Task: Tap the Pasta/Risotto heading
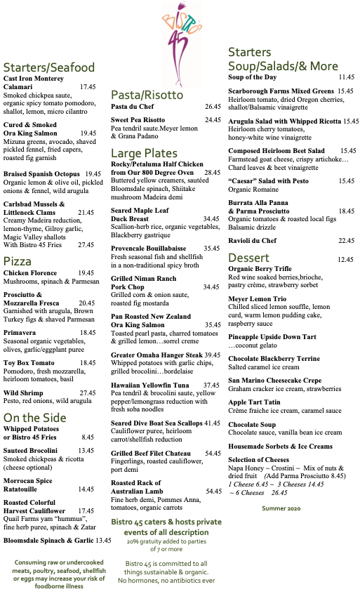point(147,95)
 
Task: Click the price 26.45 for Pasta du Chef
point(213,106)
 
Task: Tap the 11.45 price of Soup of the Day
point(347,77)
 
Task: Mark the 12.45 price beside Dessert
point(345,259)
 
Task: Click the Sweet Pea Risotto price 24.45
point(213,120)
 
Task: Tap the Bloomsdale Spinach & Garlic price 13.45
point(103,540)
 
